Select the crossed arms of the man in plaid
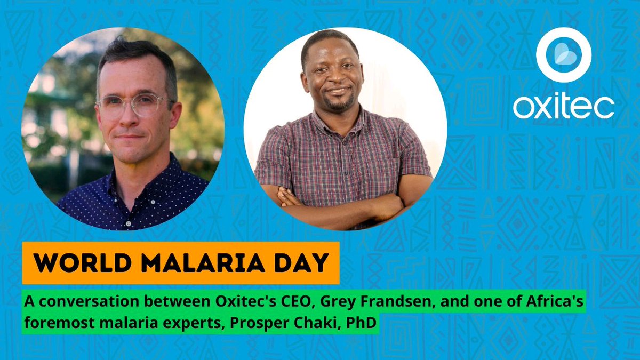tap(341, 202)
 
